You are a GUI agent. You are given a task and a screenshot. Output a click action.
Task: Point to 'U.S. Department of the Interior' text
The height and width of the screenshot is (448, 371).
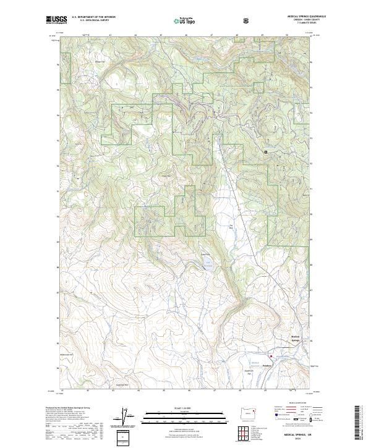94,17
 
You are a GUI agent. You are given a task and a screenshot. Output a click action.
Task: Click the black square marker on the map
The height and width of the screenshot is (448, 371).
266,152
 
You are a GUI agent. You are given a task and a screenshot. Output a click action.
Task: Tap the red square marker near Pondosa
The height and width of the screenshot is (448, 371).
270,357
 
